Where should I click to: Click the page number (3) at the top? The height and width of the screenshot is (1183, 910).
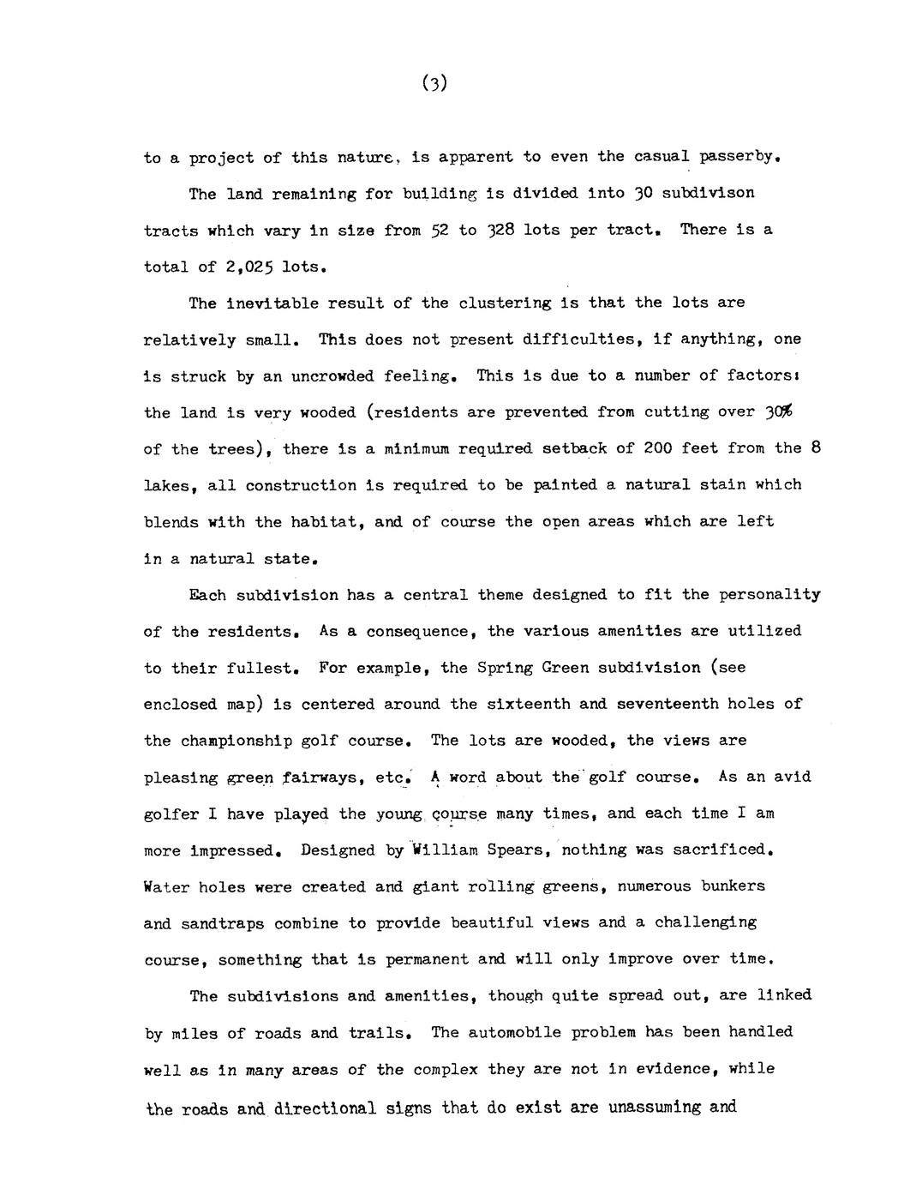[x=435, y=83]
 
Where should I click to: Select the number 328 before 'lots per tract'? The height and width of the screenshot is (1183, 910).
[x=500, y=230]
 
